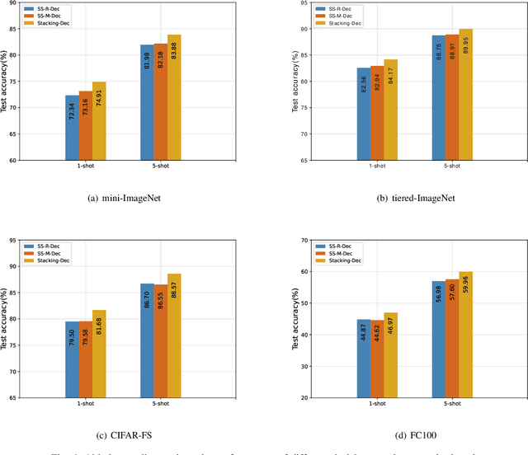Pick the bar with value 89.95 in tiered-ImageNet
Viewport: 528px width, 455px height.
(465, 94)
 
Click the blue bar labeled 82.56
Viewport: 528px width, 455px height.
(363, 114)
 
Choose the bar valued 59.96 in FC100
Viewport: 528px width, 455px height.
(465, 335)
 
